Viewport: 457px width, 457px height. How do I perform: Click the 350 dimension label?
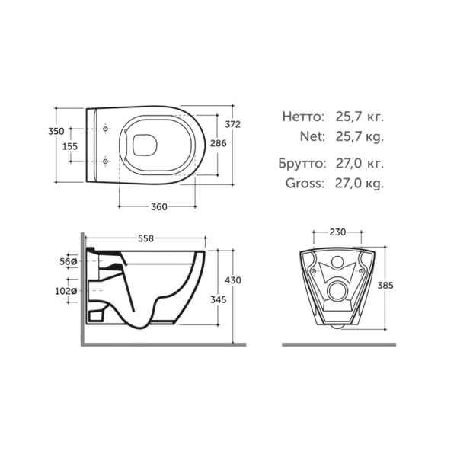click(56, 130)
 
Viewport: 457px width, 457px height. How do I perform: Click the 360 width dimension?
click(158, 207)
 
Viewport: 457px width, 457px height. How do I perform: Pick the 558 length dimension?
click(145, 238)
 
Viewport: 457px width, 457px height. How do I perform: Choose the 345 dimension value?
click(219, 300)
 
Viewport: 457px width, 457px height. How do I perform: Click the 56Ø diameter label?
click(69, 261)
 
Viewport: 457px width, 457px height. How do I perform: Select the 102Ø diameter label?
click(66, 291)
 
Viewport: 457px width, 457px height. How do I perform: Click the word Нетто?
click(304, 117)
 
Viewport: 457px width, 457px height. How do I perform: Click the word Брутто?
click(302, 163)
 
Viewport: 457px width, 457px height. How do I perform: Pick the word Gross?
click(305, 183)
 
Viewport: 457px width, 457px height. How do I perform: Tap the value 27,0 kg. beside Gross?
click(359, 183)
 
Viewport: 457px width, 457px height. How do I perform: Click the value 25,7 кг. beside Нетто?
click(359, 117)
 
